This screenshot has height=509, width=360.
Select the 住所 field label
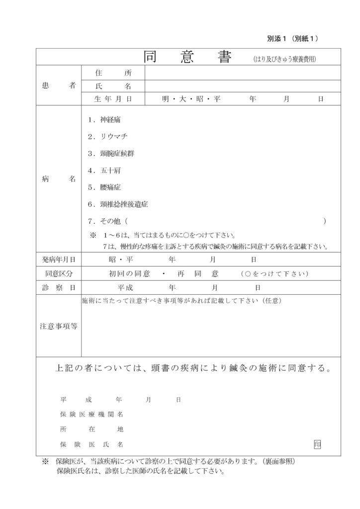113,73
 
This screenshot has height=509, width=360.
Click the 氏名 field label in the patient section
113,86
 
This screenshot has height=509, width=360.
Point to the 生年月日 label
113,99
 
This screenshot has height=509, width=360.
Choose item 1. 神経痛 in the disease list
103,120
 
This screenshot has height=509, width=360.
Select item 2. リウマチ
107,137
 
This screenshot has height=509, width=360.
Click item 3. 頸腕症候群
110,154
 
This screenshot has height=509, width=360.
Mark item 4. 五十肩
103,170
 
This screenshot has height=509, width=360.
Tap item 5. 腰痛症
103,187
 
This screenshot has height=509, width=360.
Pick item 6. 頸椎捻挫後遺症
117,204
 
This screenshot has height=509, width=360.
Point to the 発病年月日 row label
59,259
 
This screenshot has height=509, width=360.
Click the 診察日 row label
59,288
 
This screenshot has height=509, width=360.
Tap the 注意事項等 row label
59,326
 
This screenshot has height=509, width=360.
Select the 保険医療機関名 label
91,414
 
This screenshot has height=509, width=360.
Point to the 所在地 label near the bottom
91,429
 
